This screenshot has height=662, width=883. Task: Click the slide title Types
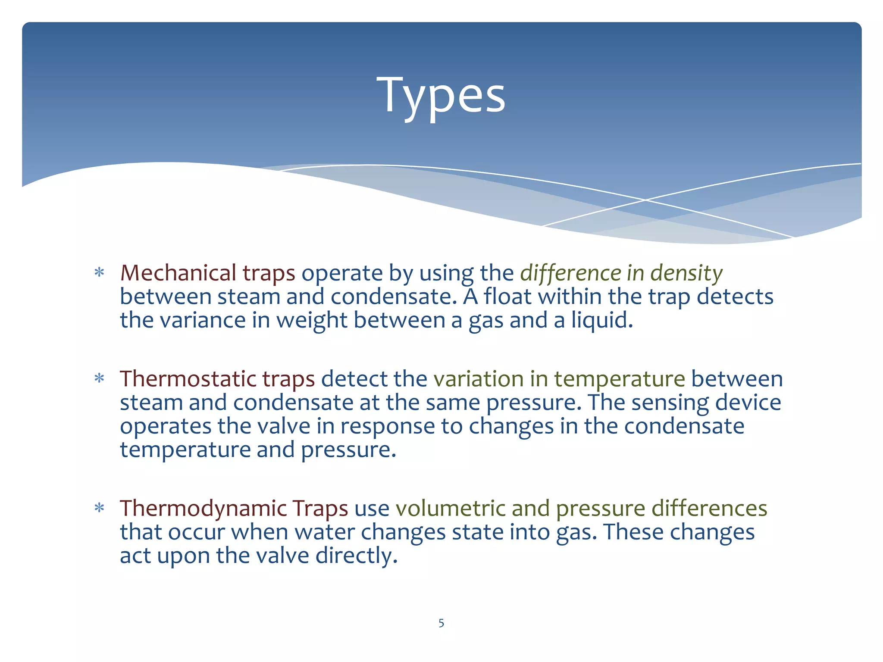441,96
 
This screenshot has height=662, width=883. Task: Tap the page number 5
441,623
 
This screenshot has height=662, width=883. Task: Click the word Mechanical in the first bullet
178,273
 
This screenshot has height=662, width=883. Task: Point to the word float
507,297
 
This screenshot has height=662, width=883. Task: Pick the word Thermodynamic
203,509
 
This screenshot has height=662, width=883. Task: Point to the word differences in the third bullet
709,508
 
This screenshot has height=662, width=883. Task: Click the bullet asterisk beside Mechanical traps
100,273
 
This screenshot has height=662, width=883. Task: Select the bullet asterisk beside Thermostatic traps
100,379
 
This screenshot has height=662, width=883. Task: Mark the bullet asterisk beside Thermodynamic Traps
100,508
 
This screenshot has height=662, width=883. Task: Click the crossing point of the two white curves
645,200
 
